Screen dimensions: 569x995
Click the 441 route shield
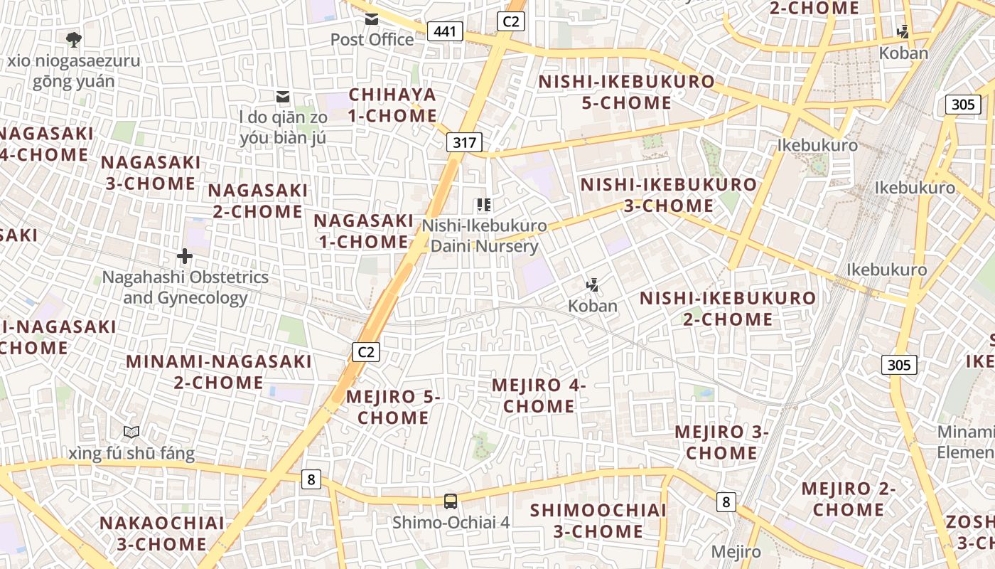tap(446, 31)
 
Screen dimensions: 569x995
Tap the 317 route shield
tap(465, 142)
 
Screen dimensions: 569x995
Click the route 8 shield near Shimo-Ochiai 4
tap(311, 479)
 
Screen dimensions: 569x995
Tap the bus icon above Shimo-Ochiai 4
tap(451, 501)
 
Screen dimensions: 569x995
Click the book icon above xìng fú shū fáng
tap(131, 432)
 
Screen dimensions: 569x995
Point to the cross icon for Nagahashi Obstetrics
tap(185, 256)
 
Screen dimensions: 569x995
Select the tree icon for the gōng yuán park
tap(73, 38)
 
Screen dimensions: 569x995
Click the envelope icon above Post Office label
tap(372, 19)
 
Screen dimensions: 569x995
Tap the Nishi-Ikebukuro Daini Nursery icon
tap(485, 206)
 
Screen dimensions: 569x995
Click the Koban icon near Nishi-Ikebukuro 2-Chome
tap(592, 286)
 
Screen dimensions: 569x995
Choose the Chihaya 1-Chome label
tap(392, 105)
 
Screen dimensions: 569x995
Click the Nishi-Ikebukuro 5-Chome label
tap(626, 92)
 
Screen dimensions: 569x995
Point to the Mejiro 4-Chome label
tap(539, 395)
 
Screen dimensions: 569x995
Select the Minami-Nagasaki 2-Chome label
tap(219, 371)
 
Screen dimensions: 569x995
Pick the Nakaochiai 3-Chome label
tap(161, 533)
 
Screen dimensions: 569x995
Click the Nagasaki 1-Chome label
tap(363, 231)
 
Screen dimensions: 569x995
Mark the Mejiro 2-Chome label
tap(849, 499)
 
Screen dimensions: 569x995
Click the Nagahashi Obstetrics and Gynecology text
tap(185, 287)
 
